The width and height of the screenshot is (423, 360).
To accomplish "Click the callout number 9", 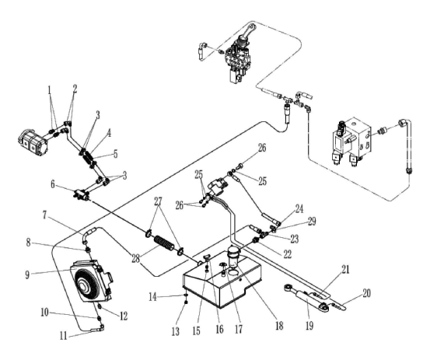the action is click(x=27, y=275).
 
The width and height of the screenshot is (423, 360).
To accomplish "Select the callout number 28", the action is click(x=136, y=259).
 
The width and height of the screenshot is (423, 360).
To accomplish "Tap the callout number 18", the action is click(x=279, y=326).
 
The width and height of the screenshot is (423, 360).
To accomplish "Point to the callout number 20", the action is click(x=366, y=293).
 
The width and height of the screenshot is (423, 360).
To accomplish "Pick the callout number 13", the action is click(x=176, y=331).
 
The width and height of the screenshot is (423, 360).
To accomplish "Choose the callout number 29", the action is click(x=312, y=222).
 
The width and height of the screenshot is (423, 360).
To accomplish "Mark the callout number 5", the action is click(x=116, y=154).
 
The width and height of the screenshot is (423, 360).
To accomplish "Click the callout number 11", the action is click(x=64, y=336).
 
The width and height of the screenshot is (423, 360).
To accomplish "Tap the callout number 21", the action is click(x=345, y=269).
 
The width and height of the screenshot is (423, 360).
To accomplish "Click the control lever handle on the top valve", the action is click(x=246, y=33).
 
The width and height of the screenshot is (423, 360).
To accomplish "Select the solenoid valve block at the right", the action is click(x=351, y=140).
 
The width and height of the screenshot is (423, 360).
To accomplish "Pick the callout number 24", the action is click(x=299, y=209).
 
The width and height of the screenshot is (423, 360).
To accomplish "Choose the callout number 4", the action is click(x=109, y=133).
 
